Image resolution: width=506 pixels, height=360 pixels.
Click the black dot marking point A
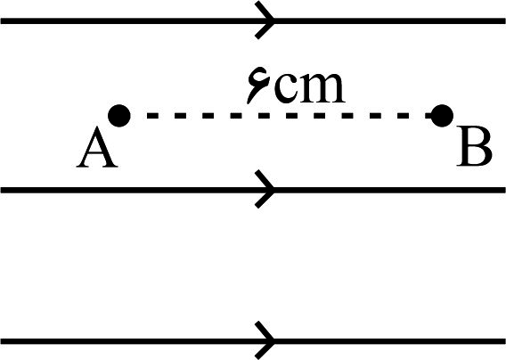(x=119, y=116)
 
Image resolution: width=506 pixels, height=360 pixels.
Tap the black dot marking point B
(x=442, y=116)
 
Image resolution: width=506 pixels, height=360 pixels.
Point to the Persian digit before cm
(x=258, y=86)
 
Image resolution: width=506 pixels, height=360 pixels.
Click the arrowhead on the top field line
(x=265, y=20)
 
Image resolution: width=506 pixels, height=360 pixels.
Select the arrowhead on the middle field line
(x=265, y=189)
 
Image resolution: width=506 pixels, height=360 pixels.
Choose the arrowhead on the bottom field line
(x=265, y=340)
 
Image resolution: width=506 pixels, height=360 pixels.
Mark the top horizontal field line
(x=253, y=21)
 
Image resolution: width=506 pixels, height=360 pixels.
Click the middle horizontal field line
(x=253, y=190)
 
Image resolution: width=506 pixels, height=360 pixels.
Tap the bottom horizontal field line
(x=253, y=341)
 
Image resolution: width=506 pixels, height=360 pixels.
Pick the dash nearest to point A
(x=152, y=116)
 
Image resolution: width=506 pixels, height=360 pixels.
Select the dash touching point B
(x=428, y=116)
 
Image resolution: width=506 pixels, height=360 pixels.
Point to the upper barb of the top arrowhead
(x=265, y=11)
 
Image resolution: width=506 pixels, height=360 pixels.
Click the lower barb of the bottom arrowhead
(x=265, y=350)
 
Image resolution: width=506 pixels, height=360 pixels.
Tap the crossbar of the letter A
(x=96, y=156)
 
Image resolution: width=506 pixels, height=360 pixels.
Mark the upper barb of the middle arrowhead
(x=265, y=179)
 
